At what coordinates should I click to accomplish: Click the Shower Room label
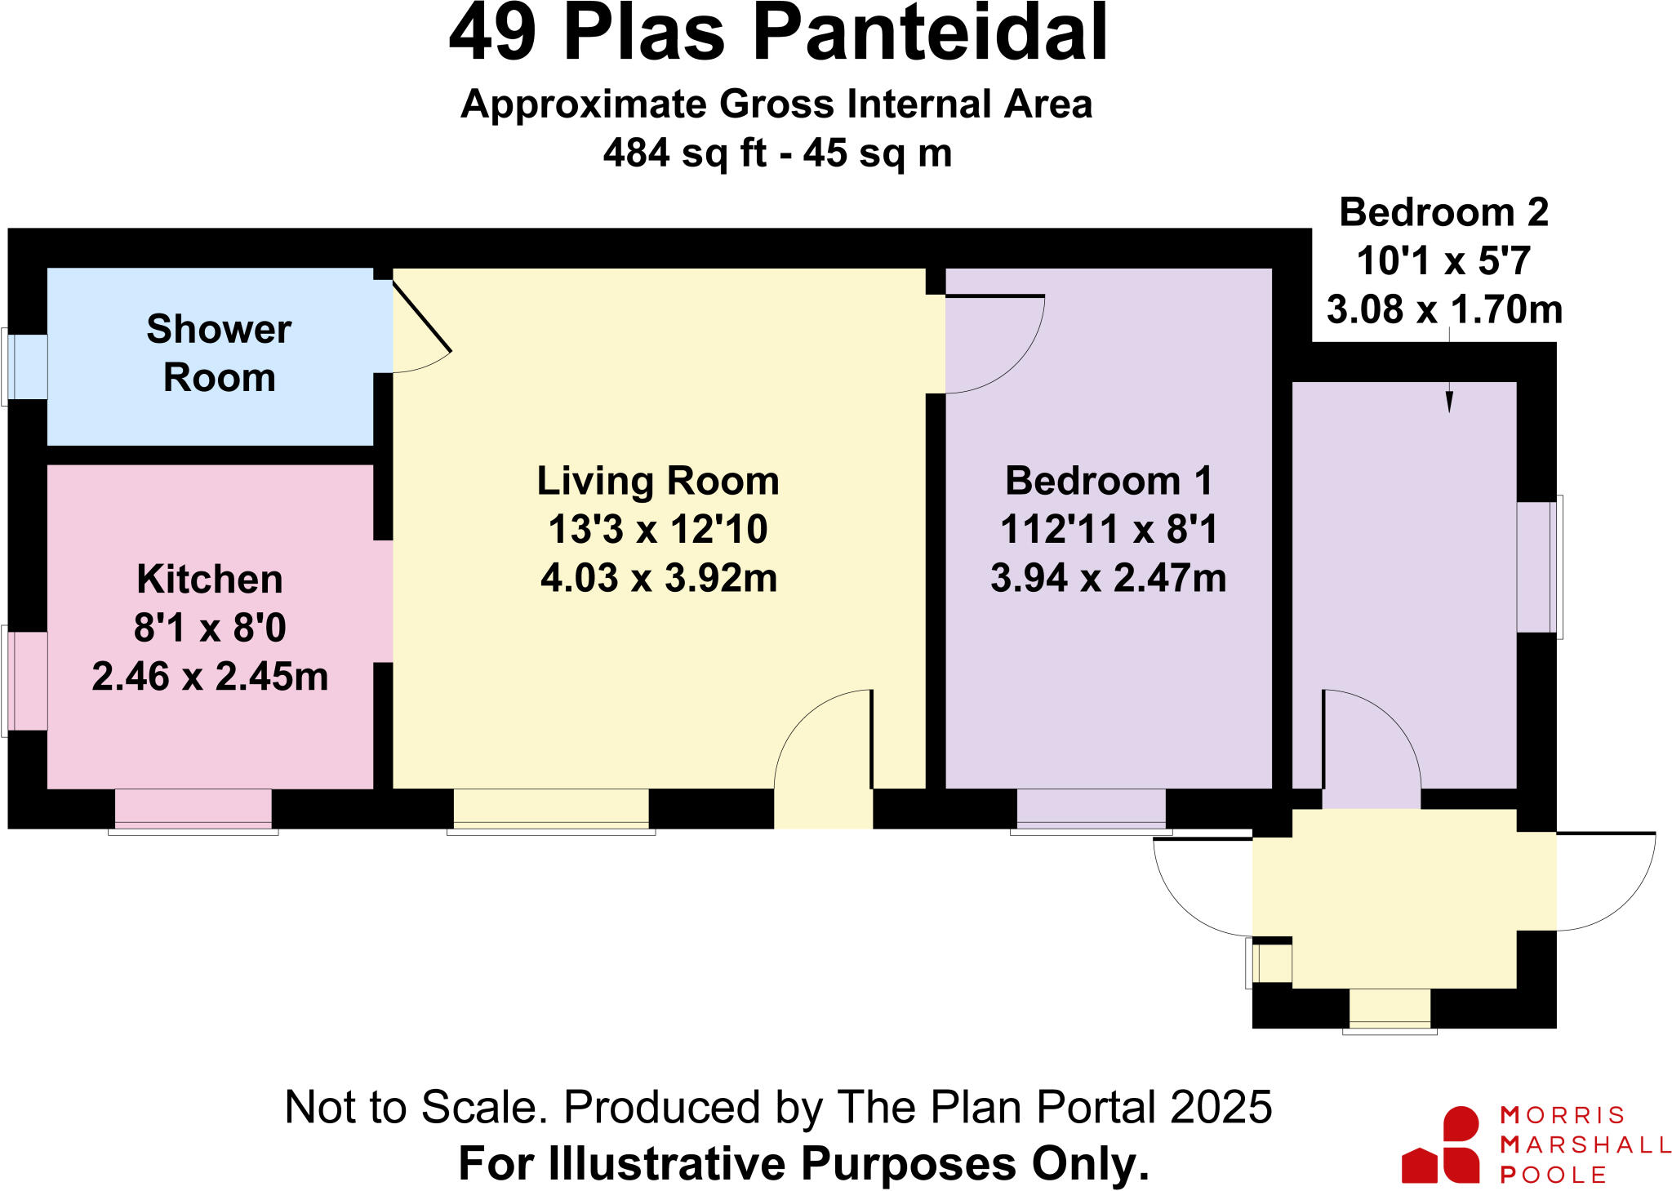tap(219, 353)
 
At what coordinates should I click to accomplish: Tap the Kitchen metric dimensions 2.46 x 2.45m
tap(210, 677)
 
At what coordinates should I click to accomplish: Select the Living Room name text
tap(658, 481)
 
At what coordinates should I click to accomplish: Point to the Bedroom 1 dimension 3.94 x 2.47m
tap(1108, 578)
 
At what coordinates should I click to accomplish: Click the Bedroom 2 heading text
tap(1443, 212)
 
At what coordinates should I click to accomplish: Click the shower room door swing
tap(420, 331)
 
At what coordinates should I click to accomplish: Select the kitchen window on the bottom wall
tap(193, 810)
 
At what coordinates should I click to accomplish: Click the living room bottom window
tap(551, 810)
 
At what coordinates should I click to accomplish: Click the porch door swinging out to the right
tap(1608, 882)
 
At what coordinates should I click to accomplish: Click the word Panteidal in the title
tap(930, 34)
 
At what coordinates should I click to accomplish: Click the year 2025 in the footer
tap(1221, 1107)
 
